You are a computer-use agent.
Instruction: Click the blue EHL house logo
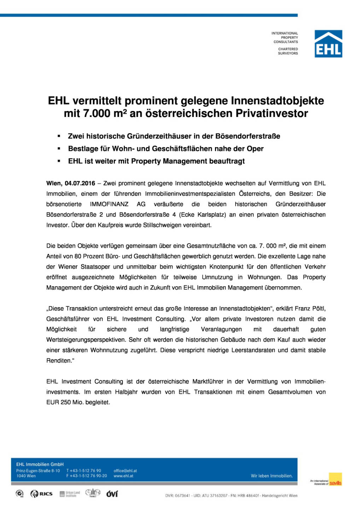click(328, 44)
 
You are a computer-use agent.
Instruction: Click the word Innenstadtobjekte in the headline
click(277, 101)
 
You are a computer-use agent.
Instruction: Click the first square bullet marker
click(59, 136)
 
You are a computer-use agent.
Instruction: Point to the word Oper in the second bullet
click(255, 149)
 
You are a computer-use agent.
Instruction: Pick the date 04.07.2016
click(80, 183)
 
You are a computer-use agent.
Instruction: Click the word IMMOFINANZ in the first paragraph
click(109, 204)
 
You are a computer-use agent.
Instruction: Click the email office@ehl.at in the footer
click(125, 471)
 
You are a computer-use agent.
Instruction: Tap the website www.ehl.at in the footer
click(123, 476)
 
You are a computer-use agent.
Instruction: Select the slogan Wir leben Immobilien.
click(272, 476)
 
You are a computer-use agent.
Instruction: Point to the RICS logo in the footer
click(42, 494)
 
